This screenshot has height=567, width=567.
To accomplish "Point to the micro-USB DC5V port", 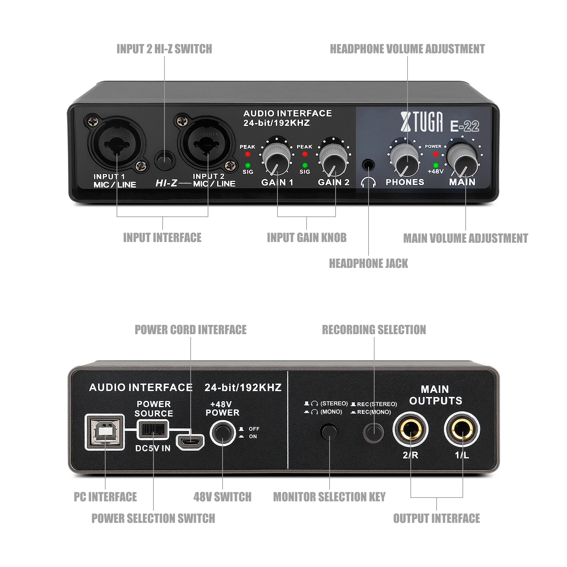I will (190, 442).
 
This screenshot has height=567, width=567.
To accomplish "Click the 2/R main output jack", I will (410, 430).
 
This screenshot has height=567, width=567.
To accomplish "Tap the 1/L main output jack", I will (462, 430).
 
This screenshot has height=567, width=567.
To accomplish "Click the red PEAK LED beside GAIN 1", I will (248, 154).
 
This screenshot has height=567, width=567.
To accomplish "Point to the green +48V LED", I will (436, 165).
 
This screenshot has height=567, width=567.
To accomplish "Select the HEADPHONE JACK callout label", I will (368, 264).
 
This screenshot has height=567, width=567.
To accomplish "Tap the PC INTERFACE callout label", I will (105, 497).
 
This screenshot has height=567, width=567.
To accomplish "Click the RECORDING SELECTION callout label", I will (374, 330).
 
